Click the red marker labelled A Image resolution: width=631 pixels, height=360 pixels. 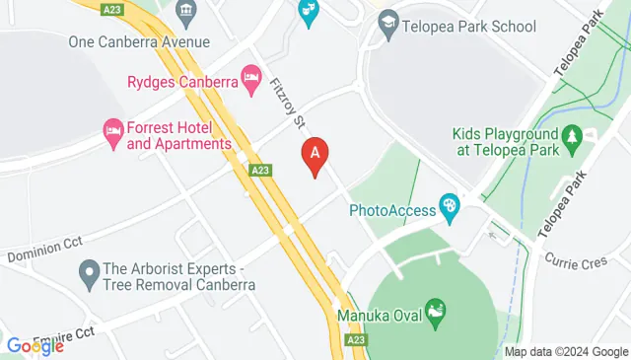point(314,156)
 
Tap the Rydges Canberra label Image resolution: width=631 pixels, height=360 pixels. point(183,82)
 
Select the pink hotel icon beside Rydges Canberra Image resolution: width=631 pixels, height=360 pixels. point(250,76)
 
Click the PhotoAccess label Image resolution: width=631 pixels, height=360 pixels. point(393,209)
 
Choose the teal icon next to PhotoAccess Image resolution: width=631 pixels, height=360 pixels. point(450,207)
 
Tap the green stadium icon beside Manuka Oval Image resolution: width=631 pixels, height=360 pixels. point(435,313)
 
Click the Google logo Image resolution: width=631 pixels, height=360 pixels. point(35,345)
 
